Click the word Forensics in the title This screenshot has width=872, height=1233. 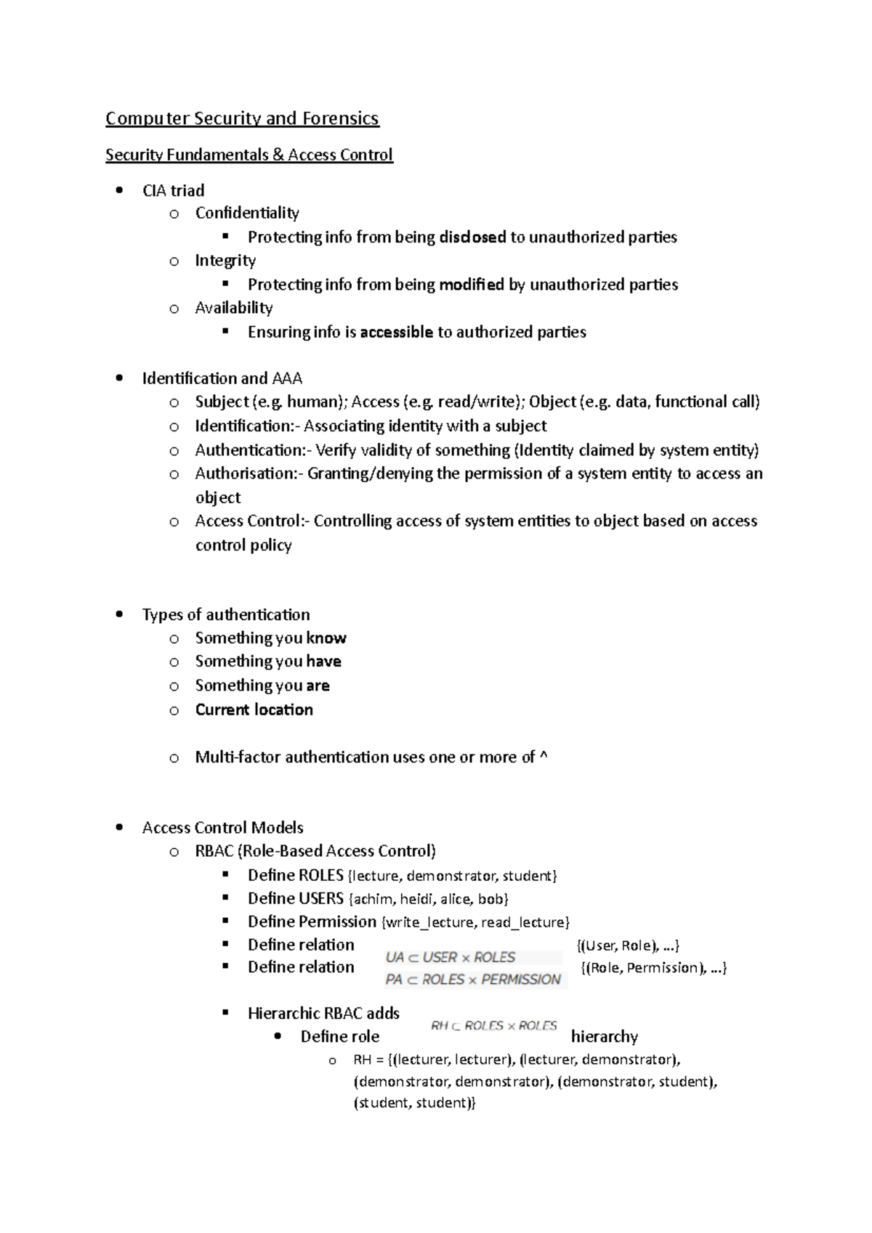pos(341,118)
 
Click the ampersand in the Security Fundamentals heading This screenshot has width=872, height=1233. pos(278,155)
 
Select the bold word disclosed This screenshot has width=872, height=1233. pos(472,237)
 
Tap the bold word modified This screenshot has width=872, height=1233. pos(471,285)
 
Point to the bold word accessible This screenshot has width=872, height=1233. pos(397,333)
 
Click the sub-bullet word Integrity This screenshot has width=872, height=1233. pos(225,261)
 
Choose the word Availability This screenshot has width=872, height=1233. pos(234,308)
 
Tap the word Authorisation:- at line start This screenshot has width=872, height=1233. pos(249,474)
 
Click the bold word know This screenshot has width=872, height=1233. pos(326,638)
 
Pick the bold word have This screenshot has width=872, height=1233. pos(323,662)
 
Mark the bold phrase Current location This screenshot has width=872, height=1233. pos(254,710)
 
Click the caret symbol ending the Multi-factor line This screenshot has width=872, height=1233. pos(544,757)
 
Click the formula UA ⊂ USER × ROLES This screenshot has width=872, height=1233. pos(451,958)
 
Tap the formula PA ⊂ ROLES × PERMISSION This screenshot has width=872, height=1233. pos(473,980)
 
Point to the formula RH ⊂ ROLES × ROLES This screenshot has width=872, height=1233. pos(493,1026)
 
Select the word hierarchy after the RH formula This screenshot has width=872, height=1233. pos(605,1037)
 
